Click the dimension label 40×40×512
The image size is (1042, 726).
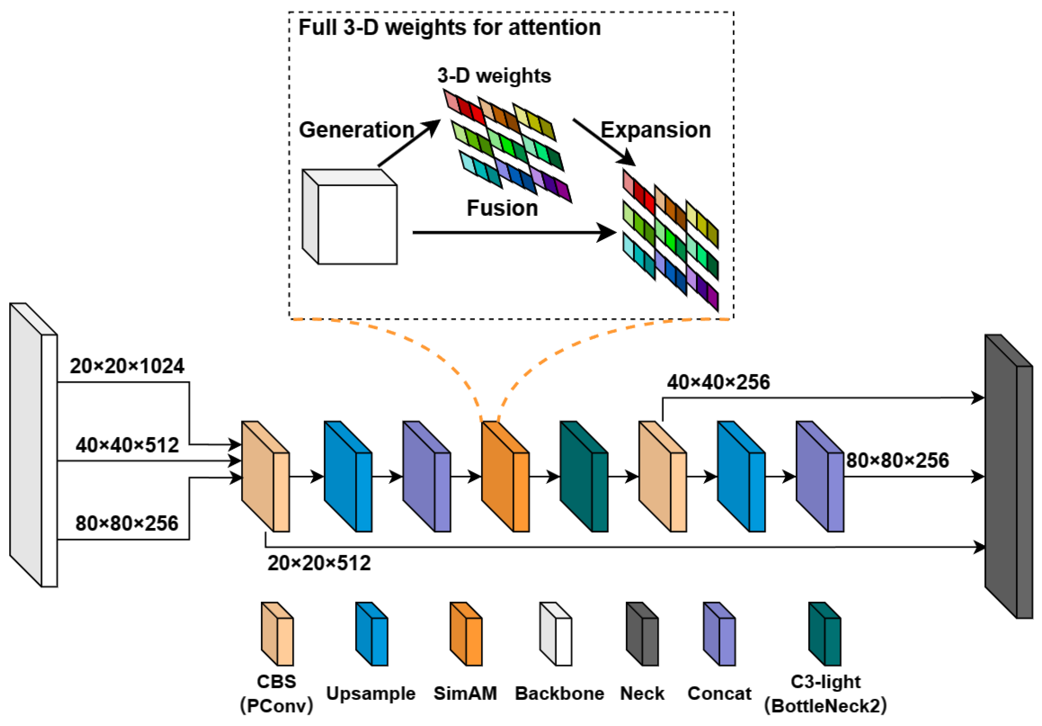(127, 445)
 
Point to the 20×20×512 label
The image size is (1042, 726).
(319, 563)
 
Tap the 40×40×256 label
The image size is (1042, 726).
(718, 382)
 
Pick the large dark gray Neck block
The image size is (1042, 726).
(1008, 477)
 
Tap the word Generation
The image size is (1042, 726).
(356, 130)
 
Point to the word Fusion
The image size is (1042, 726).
(502, 208)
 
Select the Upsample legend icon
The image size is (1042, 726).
(372, 634)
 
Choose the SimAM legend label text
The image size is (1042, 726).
(465, 693)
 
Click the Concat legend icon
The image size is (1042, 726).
(719, 634)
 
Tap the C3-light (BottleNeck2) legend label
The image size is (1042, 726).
(825, 694)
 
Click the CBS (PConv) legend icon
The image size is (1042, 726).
(277, 634)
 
